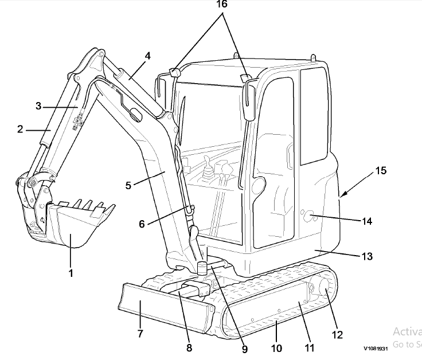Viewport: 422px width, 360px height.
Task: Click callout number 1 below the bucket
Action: pyautogui.click(x=71, y=273)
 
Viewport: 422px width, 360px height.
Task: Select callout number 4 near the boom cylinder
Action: pyautogui.click(x=147, y=56)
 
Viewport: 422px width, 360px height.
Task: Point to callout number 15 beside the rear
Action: pyautogui.click(x=381, y=170)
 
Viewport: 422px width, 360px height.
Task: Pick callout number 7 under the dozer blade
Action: pyautogui.click(x=140, y=334)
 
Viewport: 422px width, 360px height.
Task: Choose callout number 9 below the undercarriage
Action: pyautogui.click(x=245, y=348)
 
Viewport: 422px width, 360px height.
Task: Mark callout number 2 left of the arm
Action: pyautogui.click(x=20, y=129)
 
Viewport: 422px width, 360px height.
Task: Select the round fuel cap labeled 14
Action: pyautogui.click(x=307, y=217)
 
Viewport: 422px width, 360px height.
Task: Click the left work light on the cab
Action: pyautogui.click(x=174, y=72)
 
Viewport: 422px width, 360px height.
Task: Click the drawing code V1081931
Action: pyautogui.click(x=376, y=348)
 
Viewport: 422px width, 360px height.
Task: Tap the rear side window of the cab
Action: pyautogui.click(x=312, y=115)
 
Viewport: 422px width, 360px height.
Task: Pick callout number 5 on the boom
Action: pyautogui.click(x=128, y=185)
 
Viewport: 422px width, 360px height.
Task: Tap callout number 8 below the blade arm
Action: pyautogui.click(x=189, y=347)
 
